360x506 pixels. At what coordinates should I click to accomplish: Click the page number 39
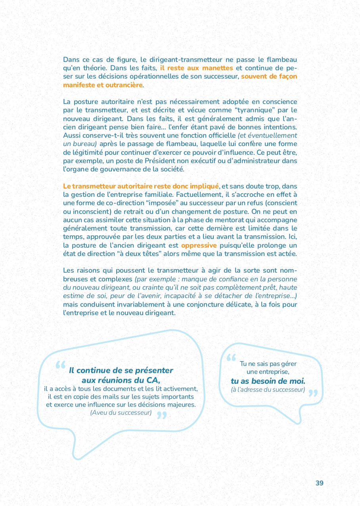319,483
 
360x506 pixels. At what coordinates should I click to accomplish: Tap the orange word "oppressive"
199,246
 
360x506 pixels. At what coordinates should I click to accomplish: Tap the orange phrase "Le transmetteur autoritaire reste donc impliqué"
141,186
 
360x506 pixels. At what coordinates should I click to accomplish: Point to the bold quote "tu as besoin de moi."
268,381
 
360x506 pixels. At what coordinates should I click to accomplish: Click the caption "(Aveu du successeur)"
121,413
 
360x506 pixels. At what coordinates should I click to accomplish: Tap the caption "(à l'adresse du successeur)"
268,390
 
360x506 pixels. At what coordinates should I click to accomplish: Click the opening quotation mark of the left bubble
60,365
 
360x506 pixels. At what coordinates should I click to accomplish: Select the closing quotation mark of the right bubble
313,393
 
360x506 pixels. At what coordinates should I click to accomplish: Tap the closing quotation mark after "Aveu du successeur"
161,415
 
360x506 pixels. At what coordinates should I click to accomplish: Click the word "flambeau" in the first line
283,60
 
